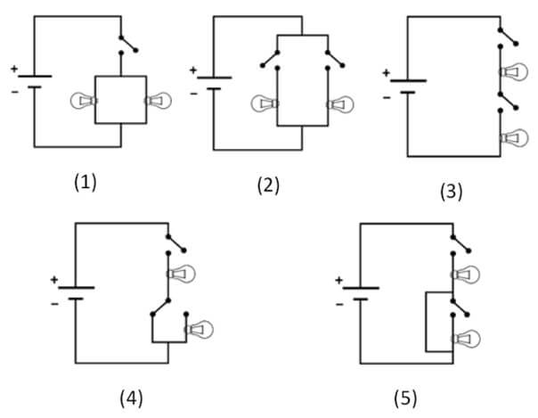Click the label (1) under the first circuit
point(86,182)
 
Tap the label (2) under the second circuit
point(268,185)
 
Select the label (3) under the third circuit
point(452,192)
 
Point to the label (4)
point(132,398)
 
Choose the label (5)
point(405,398)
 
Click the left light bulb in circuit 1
point(84,101)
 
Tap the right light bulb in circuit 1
point(158,101)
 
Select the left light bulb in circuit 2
point(265,103)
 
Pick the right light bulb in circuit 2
point(340,103)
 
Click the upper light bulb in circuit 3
point(514,72)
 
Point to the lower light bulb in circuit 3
point(514,138)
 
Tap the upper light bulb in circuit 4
point(181,274)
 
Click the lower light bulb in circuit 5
point(466,339)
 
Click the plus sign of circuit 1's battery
point(13,69)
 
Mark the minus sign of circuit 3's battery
point(387,98)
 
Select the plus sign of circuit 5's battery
point(339,281)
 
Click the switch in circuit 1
point(128,45)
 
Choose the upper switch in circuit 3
point(509,37)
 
